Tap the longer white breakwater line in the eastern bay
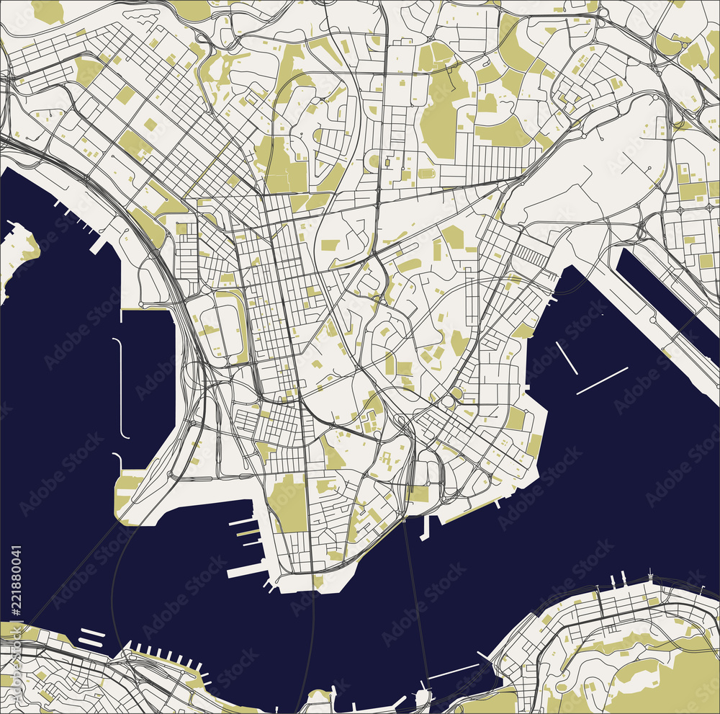point(602,381)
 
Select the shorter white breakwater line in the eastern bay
point(567,358)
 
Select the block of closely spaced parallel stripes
point(532,253)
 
